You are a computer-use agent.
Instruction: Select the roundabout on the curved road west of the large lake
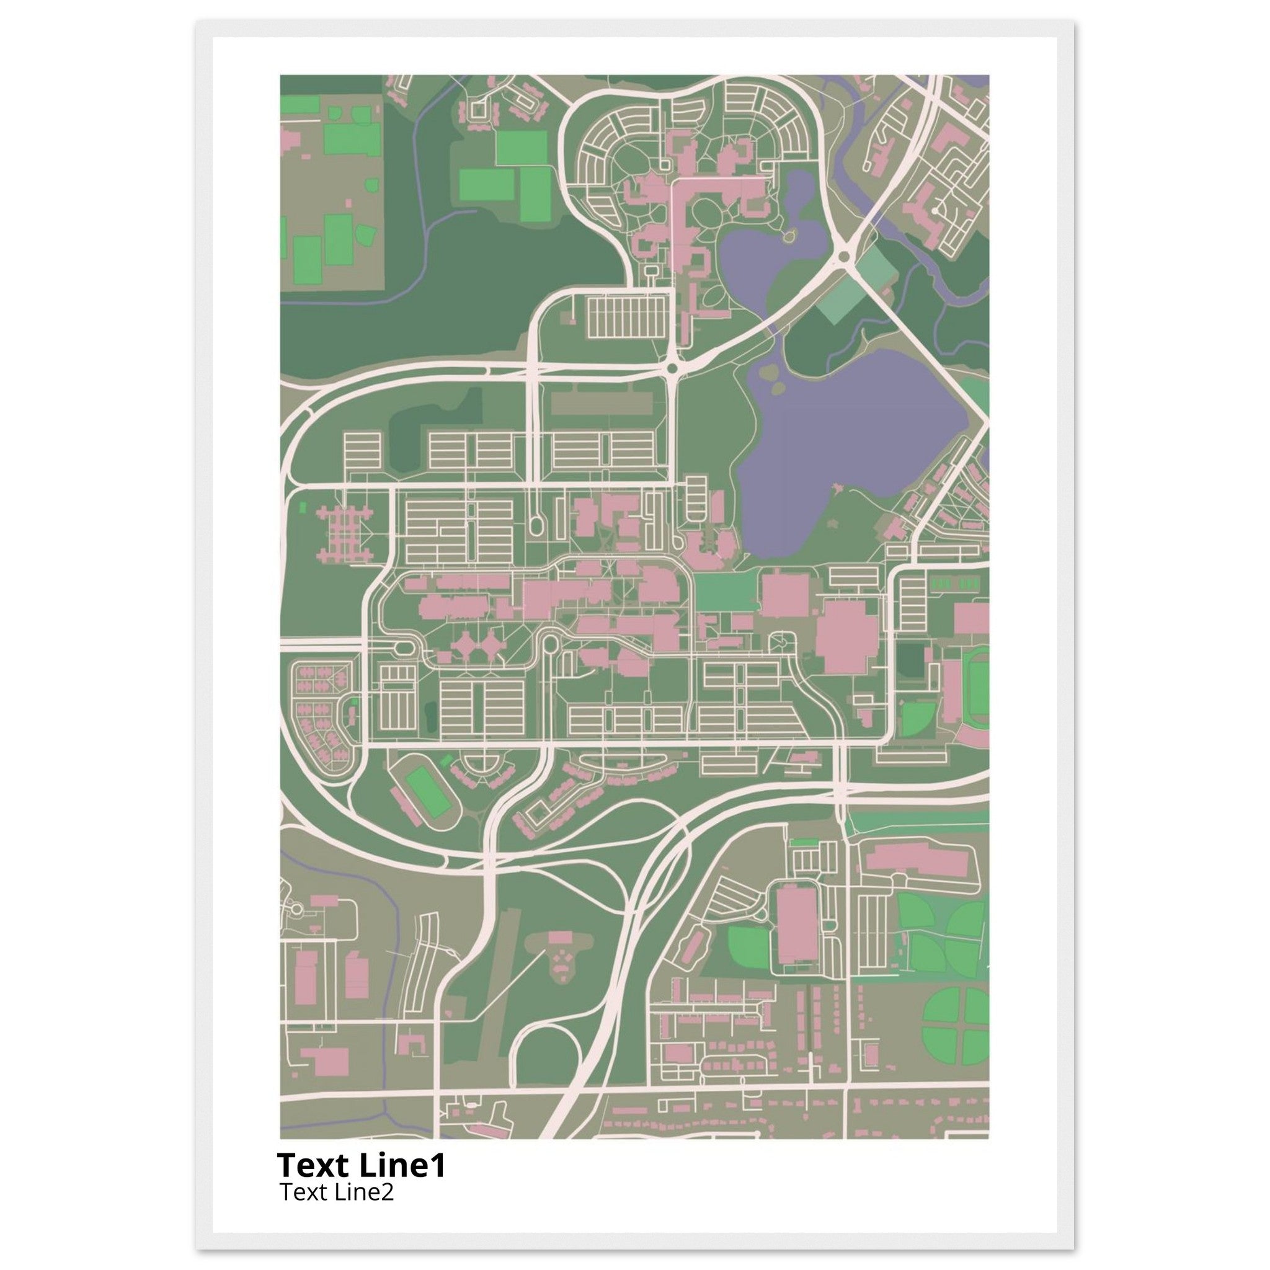672,370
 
